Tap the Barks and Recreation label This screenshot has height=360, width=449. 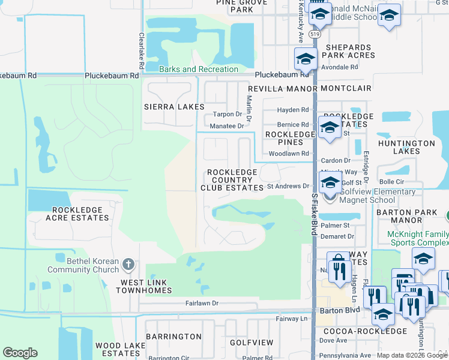tap(199, 70)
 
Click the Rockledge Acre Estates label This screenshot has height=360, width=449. tap(80, 214)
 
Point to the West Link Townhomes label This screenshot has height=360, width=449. tap(146, 286)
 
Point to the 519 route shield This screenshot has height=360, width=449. tap(315, 35)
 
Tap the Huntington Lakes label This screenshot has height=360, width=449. tap(406, 148)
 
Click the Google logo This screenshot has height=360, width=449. tap(20, 353)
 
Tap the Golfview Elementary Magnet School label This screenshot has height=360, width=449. tap(377, 196)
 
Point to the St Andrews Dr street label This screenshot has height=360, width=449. tap(288, 187)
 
